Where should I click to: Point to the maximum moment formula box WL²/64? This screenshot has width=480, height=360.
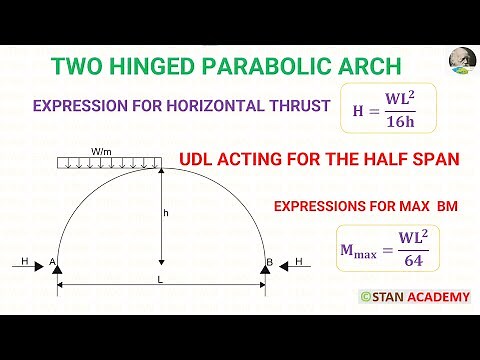386,252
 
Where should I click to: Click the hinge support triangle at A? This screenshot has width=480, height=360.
56,271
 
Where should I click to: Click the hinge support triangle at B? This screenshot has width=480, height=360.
265,271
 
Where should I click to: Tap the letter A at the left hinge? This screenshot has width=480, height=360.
49,262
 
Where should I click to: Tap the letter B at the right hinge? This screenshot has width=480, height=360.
269,262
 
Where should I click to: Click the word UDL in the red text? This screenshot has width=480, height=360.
197,160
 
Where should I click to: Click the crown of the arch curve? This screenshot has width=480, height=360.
160,167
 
